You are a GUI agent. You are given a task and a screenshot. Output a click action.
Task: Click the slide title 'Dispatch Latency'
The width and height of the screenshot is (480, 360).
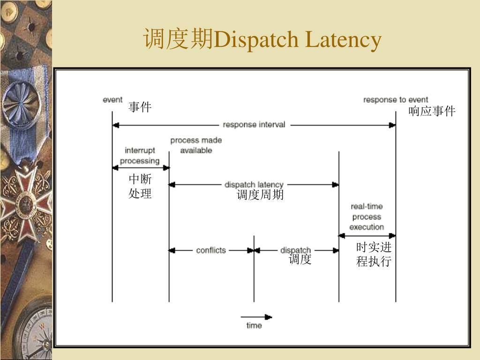pyautogui.click(x=297, y=40)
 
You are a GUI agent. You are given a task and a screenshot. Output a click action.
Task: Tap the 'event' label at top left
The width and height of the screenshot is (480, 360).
pyautogui.click(x=112, y=100)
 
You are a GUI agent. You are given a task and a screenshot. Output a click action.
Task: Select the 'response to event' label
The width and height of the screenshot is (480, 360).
pyautogui.click(x=395, y=100)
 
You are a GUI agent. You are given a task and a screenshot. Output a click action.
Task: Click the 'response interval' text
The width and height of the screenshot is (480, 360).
pyautogui.click(x=254, y=125)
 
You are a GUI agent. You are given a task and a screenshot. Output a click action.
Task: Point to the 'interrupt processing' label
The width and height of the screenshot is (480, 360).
pyautogui.click(x=140, y=156)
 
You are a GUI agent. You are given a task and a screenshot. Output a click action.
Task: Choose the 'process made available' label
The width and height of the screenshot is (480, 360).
pyautogui.click(x=196, y=145)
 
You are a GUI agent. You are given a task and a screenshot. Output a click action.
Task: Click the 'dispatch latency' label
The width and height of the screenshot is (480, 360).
pyautogui.click(x=254, y=185)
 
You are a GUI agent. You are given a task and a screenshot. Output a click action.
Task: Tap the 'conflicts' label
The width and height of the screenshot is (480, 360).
pyautogui.click(x=211, y=250)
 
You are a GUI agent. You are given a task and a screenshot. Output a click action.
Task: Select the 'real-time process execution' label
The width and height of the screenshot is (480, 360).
pyautogui.click(x=367, y=217)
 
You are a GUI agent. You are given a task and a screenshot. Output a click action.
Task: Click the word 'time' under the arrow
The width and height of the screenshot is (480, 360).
pyautogui.click(x=254, y=325)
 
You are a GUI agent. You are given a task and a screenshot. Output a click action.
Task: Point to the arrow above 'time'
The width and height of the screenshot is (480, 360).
pyautogui.click(x=256, y=316)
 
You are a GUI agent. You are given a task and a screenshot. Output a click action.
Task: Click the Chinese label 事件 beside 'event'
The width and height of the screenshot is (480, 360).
pyautogui.click(x=140, y=108)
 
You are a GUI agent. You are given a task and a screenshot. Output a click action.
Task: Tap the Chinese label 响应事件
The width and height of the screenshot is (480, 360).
pyautogui.click(x=432, y=111)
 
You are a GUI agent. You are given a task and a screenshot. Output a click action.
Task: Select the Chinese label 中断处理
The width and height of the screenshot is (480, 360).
pyautogui.click(x=140, y=187)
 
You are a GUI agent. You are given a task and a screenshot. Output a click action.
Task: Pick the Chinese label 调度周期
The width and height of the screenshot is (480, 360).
pyautogui.click(x=260, y=195)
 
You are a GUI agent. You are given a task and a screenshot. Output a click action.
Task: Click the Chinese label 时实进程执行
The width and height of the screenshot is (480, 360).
pyautogui.click(x=374, y=255)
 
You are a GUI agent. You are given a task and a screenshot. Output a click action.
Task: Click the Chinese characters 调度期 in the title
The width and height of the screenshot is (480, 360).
pyautogui.click(x=178, y=39)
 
